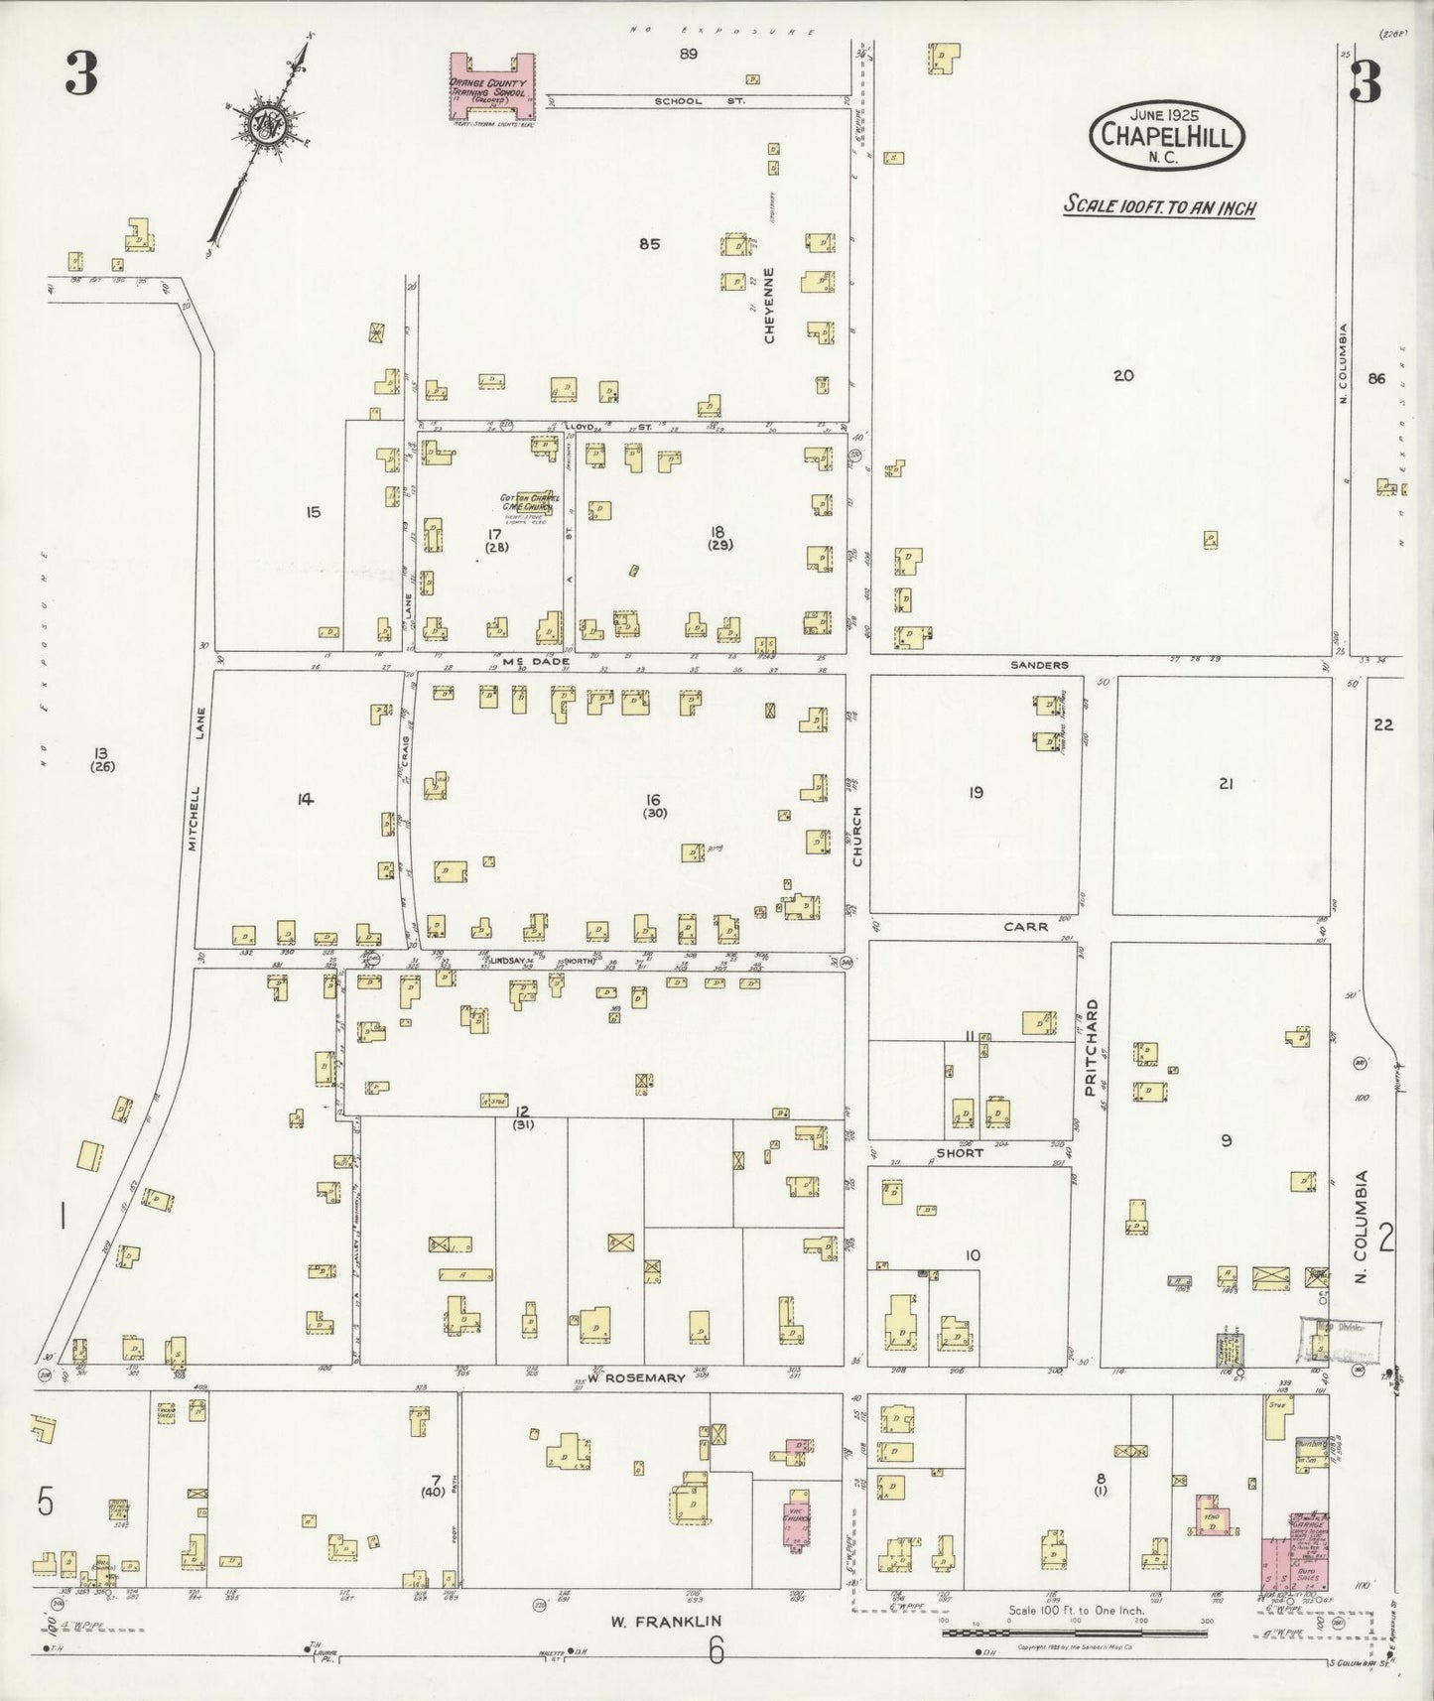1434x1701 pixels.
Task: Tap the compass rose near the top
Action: [269, 123]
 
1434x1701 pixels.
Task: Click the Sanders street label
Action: [1039, 665]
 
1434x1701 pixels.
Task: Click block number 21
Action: [1226, 783]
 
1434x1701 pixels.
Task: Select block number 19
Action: [976, 791]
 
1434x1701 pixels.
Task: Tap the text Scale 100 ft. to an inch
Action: [1159, 208]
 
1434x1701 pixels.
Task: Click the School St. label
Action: [678, 101]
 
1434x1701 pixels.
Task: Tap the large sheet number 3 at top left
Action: [81, 74]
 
